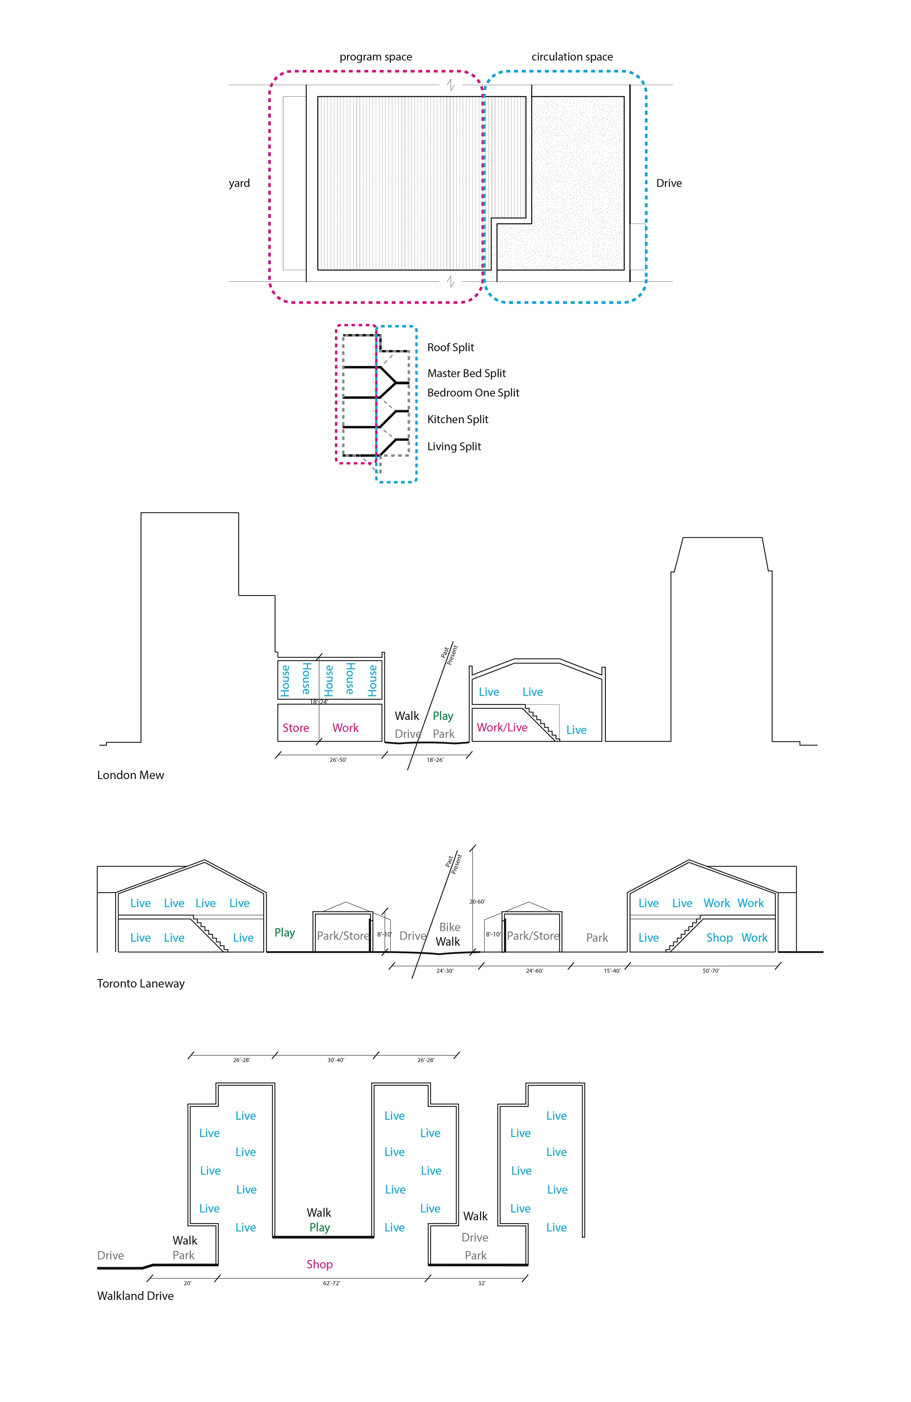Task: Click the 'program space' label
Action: pyautogui.click(x=376, y=57)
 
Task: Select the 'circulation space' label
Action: pyautogui.click(x=572, y=57)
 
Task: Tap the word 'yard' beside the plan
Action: pyautogui.click(x=239, y=183)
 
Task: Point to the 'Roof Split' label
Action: pyautogui.click(x=450, y=347)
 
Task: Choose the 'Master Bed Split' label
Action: pyautogui.click(x=466, y=374)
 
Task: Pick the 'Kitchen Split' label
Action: pyautogui.click(x=458, y=420)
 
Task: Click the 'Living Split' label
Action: pyautogui.click(x=454, y=447)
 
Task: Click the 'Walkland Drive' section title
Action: pyautogui.click(x=136, y=1296)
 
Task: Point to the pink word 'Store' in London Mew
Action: pyautogui.click(x=296, y=728)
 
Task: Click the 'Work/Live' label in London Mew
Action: pyautogui.click(x=502, y=728)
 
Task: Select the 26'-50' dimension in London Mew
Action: pyautogui.click(x=338, y=760)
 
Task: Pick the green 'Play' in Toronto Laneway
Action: pyautogui.click(x=285, y=932)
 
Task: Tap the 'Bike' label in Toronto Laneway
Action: pyautogui.click(x=450, y=927)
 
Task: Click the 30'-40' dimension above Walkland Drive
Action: pyautogui.click(x=336, y=1060)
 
